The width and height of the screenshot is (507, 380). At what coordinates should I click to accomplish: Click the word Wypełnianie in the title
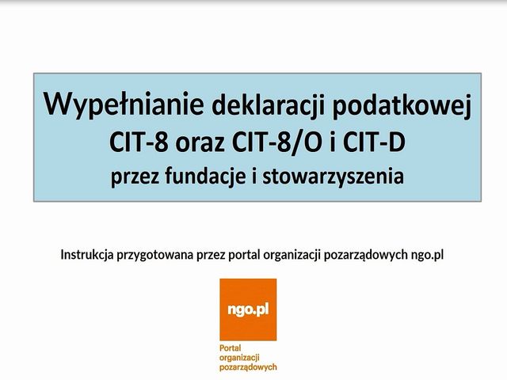[124, 104]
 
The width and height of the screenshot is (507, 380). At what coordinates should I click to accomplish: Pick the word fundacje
[205, 177]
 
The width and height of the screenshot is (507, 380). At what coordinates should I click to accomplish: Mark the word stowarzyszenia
[333, 177]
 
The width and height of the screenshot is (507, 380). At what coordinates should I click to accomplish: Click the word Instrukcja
[87, 255]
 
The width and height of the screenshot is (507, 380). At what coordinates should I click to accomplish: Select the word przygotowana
[155, 255]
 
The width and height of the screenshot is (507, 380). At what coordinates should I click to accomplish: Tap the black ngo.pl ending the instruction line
[427, 255]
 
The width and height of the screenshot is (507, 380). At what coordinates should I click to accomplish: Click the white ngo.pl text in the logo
[248, 310]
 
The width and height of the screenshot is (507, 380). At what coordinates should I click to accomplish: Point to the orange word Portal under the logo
[231, 348]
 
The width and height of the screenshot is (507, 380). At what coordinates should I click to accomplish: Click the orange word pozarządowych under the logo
[248, 367]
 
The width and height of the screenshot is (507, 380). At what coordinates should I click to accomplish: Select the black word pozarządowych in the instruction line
[366, 255]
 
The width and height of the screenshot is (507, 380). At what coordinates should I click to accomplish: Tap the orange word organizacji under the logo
[239, 358]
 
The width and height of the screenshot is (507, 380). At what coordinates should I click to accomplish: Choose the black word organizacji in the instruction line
[292, 255]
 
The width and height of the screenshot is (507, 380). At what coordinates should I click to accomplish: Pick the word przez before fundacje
[135, 177]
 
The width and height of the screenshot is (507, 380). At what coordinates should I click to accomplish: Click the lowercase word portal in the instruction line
[244, 255]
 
